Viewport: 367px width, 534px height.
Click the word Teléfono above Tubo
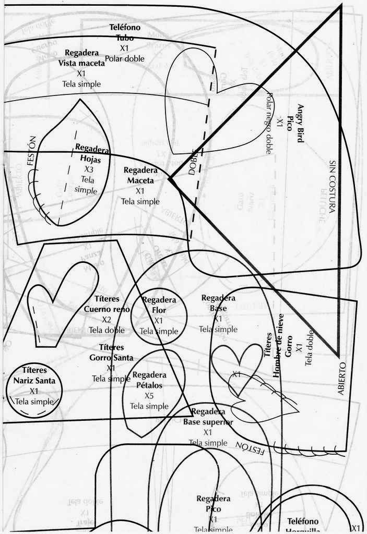pos(125,27)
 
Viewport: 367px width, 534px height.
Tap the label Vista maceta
pos(81,64)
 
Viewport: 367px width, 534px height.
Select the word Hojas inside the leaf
pos(91,160)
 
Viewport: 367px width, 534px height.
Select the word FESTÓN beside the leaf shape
pos(31,151)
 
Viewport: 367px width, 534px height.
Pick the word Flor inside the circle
pos(159,311)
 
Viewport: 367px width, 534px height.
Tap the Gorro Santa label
pos(111,358)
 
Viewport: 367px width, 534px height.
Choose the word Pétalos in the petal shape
pos(149,385)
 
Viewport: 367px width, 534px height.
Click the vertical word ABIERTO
pos(342,378)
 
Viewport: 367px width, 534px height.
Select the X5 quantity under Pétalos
pos(149,396)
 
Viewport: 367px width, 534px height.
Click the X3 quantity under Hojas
pos(89,169)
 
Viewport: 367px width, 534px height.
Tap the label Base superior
pos(208,422)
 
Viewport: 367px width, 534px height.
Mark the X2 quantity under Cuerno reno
pos(106,319)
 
